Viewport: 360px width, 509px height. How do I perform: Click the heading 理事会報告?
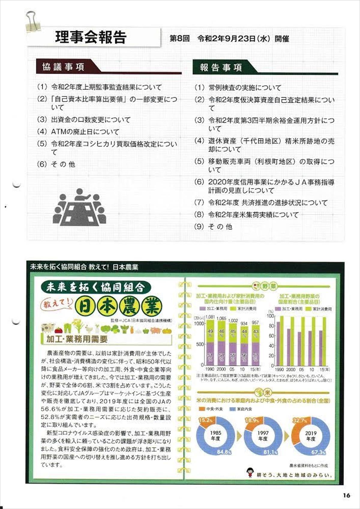tap(91, 37)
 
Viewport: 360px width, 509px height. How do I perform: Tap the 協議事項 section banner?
tap(63, 67)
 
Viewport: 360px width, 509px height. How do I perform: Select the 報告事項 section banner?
tap(221, 67)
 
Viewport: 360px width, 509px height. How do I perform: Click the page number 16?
tap(346, 495)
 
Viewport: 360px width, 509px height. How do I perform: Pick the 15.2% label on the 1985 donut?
tap(205, 420)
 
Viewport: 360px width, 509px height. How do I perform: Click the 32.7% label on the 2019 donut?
tap(299, 421)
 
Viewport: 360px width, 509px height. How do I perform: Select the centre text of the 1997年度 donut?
tap(263, 436)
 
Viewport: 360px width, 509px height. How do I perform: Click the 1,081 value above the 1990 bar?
tap(210, 317)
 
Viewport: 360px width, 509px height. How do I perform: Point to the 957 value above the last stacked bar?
tap(255, 322)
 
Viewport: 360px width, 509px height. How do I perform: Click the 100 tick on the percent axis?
tap(270, 316)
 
